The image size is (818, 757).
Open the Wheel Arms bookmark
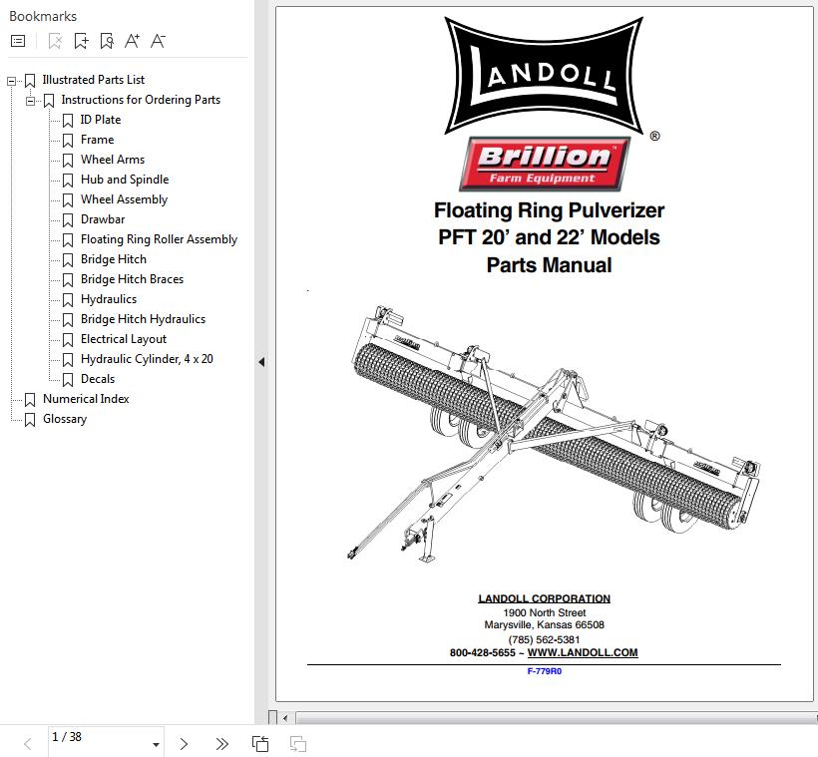click(x=112, y=160)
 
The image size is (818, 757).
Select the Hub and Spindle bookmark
click(x=125, y=180)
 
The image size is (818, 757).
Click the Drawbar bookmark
click(x=103, y=219)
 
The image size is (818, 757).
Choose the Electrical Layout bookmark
click(x=124, y=339)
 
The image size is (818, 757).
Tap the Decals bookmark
click(x=98, y=379)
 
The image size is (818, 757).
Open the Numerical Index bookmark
click(x=86, y=399)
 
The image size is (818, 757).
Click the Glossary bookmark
click(x=65, y=419)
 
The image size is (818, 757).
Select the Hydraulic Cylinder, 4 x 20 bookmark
click(x=147, y=359)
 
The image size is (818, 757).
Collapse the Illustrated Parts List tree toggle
click(x=12, y=81)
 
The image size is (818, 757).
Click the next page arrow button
click(x=184, y=743)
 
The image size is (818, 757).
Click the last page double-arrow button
click(x=221, y=743)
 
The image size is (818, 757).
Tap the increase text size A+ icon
click(x=132, y=41)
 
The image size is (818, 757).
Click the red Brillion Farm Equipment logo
click(x=544, y=164)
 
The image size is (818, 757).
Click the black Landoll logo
click(x=544, y=76)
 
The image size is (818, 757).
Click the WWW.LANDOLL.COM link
click(x=583, y=652)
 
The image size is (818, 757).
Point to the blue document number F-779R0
click(x=544, y=671)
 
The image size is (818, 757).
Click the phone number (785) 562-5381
click(x=544, y=639)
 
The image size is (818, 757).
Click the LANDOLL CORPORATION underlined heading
click(x=544, y=599)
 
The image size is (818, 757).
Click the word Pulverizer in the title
click(x=616, y=210)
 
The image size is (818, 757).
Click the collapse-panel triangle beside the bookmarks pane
click(x=262, y=361)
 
